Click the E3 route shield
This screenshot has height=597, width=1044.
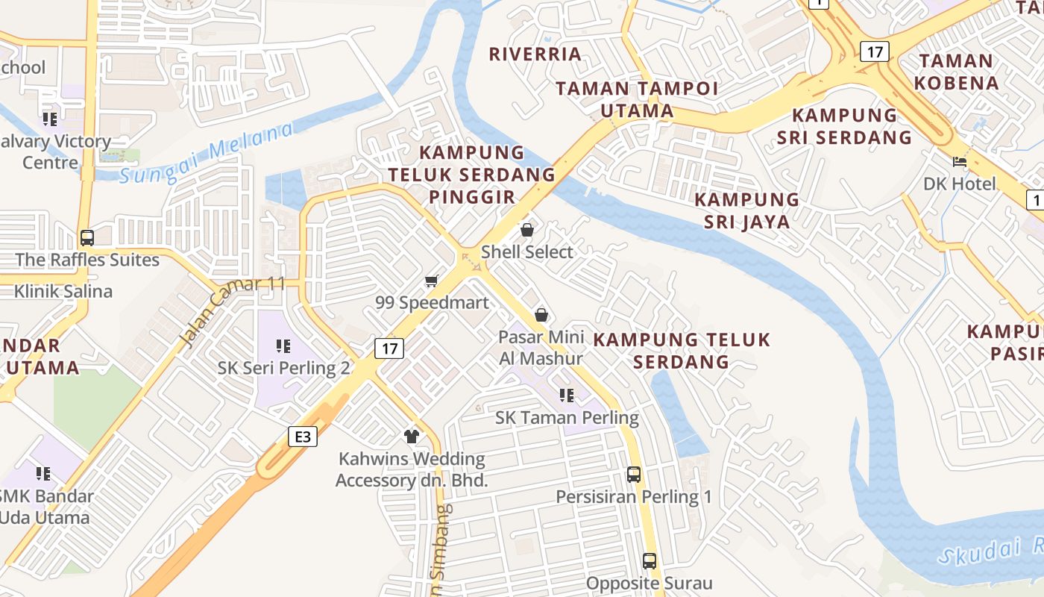coord(302,437)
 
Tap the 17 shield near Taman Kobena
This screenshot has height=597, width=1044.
coord(874,51)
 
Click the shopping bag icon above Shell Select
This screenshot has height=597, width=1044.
coord(527,230)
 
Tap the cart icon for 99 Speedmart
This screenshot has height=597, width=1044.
coord(431,281)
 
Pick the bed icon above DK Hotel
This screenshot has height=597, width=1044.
coord(959,161)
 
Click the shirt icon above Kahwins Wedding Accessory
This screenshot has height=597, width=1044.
coord(411,437)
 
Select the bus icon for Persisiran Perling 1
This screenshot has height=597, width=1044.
coord(634,474)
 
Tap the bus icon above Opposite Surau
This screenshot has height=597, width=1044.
coord(650,560)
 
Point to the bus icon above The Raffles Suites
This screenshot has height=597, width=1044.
coord(87,238)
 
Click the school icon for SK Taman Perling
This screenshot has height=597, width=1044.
coord(567,395)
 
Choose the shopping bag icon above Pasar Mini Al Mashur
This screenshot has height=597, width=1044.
coord(541,315)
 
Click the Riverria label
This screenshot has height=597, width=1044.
coord(535,54)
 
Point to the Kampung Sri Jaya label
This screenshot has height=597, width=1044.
coord(746,210)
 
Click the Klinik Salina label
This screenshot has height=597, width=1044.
coord(63,291)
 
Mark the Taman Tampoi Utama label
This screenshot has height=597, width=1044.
coord(637,100)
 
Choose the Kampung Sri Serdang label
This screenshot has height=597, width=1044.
coord(844,126)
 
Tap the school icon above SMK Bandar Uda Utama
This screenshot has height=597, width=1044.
coord(43,474)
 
